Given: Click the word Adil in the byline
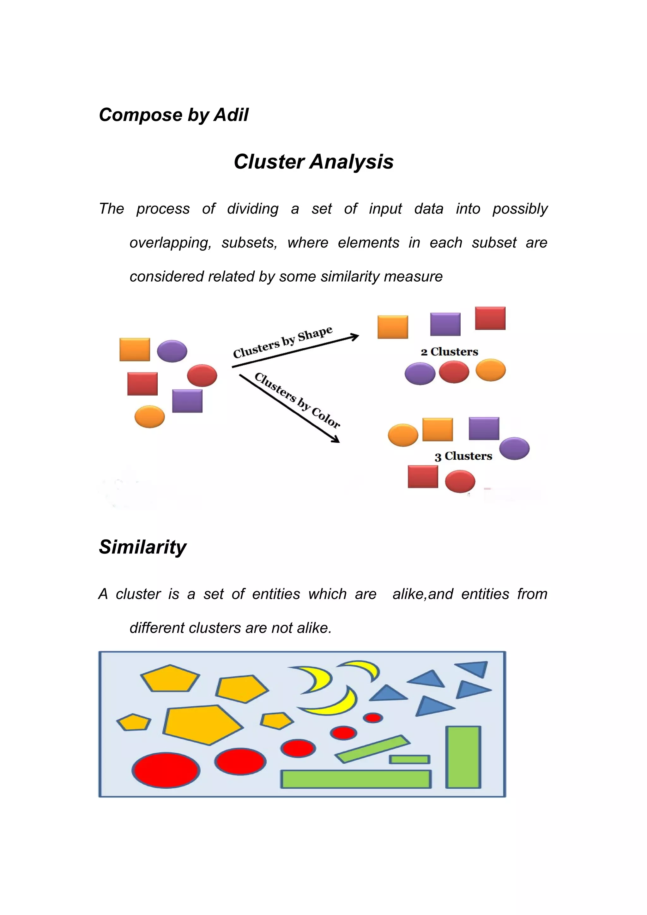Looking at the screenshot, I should pyautogui.click(x=231, y=115).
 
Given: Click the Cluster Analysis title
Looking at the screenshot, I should pyautogui.click(x=313, y=161).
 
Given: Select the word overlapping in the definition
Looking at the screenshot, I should pyautogui.click(x=170, y=243).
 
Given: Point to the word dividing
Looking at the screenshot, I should pyautogui.click(x=253, y=209).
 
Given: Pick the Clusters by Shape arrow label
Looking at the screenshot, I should pyautogui.click(x=283, y=342).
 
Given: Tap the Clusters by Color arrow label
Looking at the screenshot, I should pyautogui.click(x=297, y=400).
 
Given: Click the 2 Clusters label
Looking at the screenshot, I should pyautogui.click(x=449, y=352).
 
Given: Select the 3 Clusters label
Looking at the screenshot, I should pyautogui.click(x=463, y=456).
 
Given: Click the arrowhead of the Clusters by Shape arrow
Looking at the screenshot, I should pyautogui.click(x=354, y=337).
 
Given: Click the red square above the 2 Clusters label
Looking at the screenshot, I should pyautogui.click(x=490, y=318).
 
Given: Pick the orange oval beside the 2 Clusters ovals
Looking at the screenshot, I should pyautogui.click(x=490, y=370).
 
